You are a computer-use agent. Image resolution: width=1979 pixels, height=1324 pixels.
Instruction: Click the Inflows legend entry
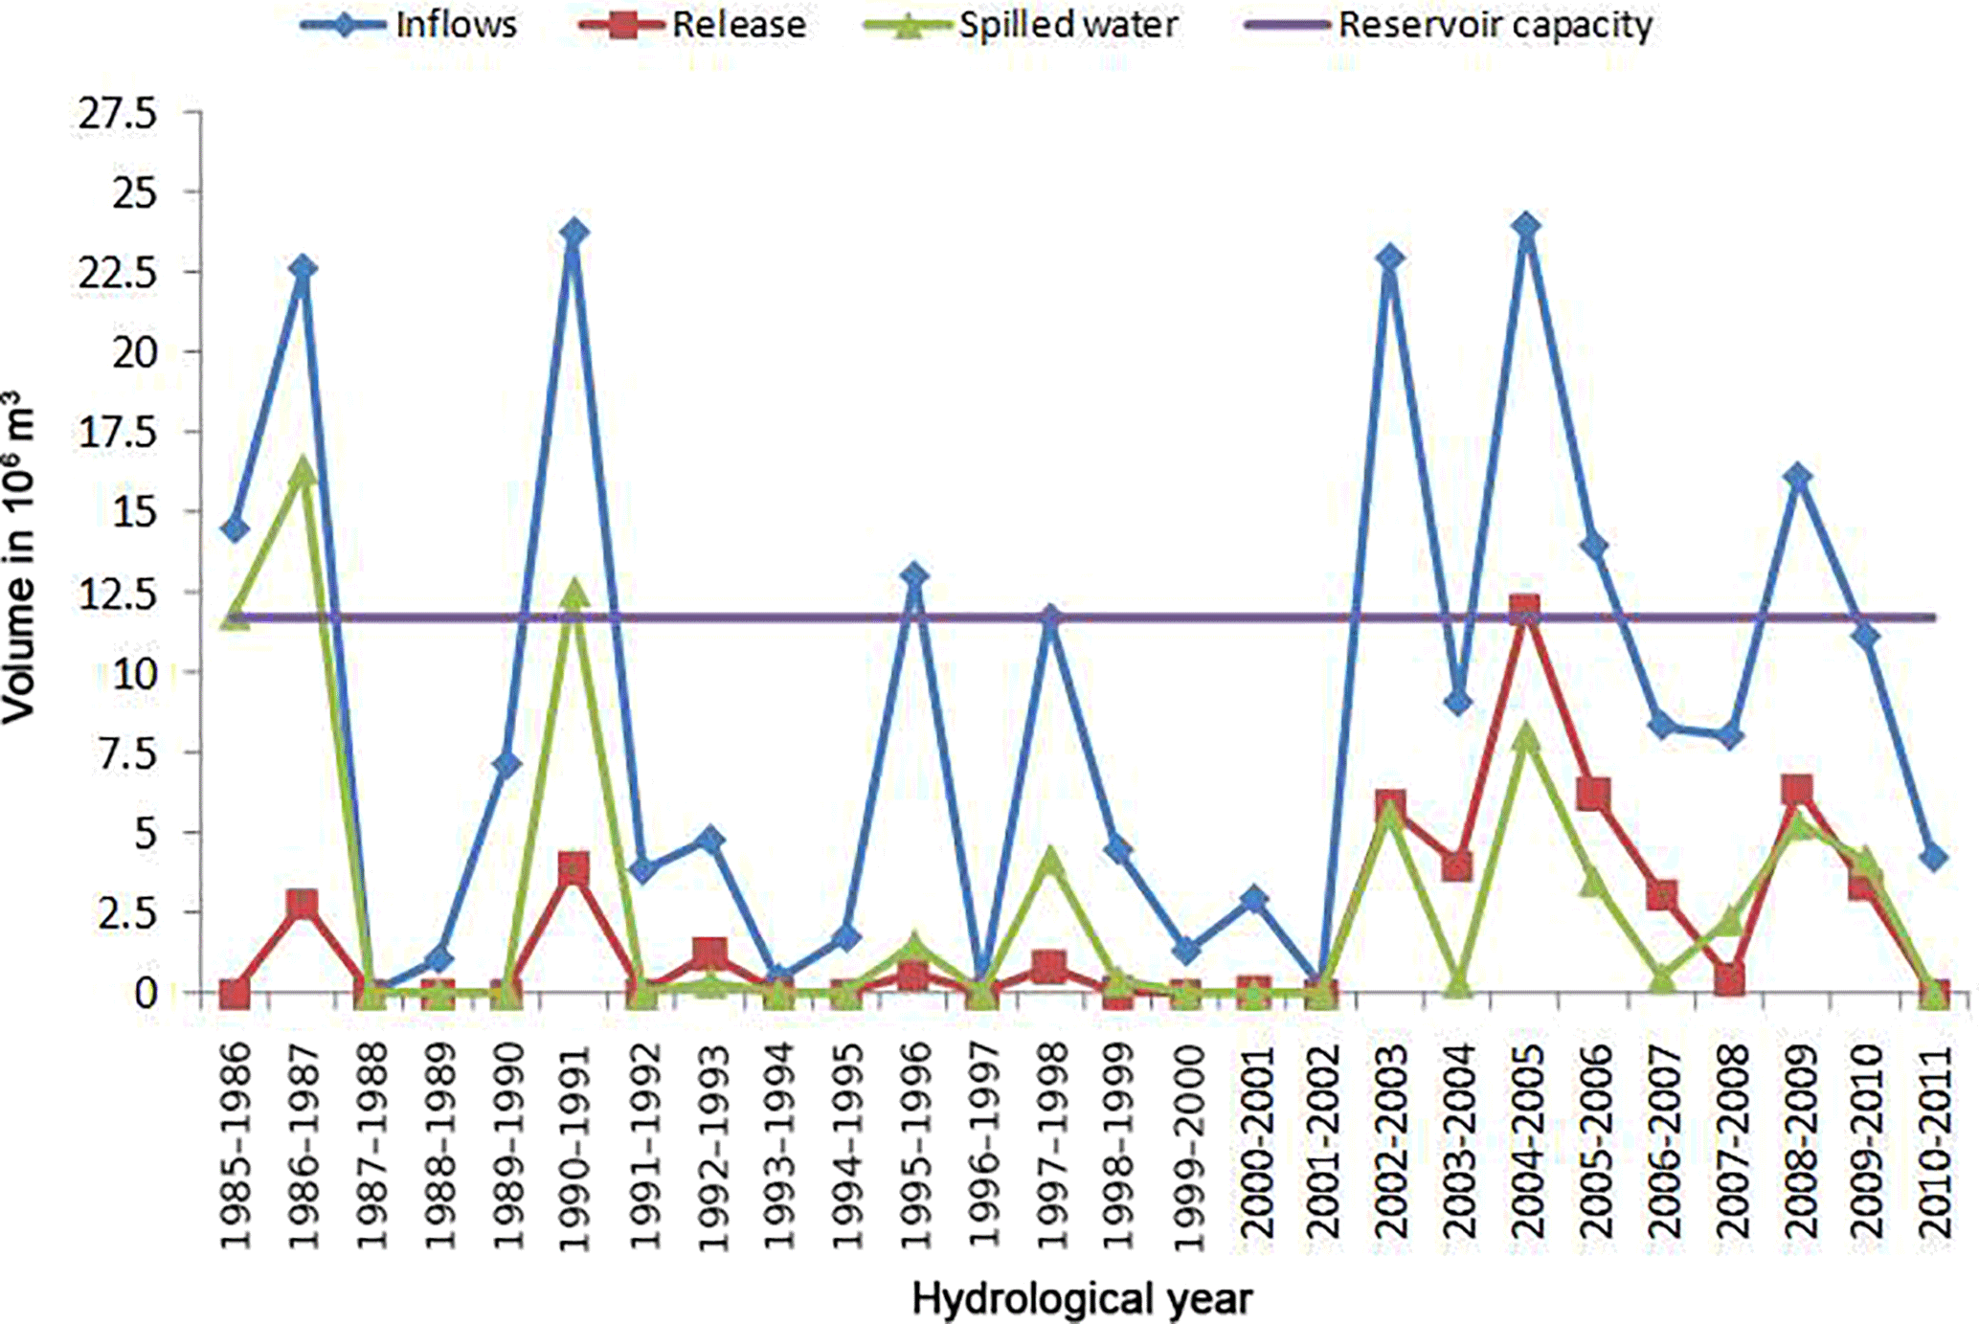point(410,25)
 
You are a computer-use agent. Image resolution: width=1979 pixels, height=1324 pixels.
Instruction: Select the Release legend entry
point(693,25)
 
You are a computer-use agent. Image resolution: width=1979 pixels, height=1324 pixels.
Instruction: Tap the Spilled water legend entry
point(1021,25)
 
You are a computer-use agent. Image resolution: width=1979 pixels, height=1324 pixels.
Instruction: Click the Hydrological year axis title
point(1082,1299)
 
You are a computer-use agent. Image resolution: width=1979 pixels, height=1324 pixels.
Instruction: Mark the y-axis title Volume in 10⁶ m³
point(19,555)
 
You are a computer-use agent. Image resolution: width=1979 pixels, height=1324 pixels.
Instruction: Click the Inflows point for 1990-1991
point(574,232)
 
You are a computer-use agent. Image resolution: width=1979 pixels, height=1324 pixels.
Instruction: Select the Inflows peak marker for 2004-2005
point(1526,227)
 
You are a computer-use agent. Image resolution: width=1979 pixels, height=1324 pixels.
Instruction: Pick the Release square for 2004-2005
point(1525,609)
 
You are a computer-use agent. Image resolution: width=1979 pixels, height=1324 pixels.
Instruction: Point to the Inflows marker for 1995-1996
point(914,575)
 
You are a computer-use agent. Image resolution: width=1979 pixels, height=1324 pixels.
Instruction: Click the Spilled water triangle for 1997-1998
point(1050,860)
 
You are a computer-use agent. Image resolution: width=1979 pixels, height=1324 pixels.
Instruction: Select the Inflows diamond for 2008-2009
point(1798,477)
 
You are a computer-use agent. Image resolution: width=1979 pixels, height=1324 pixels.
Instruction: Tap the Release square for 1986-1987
point(303,904)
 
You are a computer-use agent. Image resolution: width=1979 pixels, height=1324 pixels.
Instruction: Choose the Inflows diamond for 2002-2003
point(1390,258)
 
